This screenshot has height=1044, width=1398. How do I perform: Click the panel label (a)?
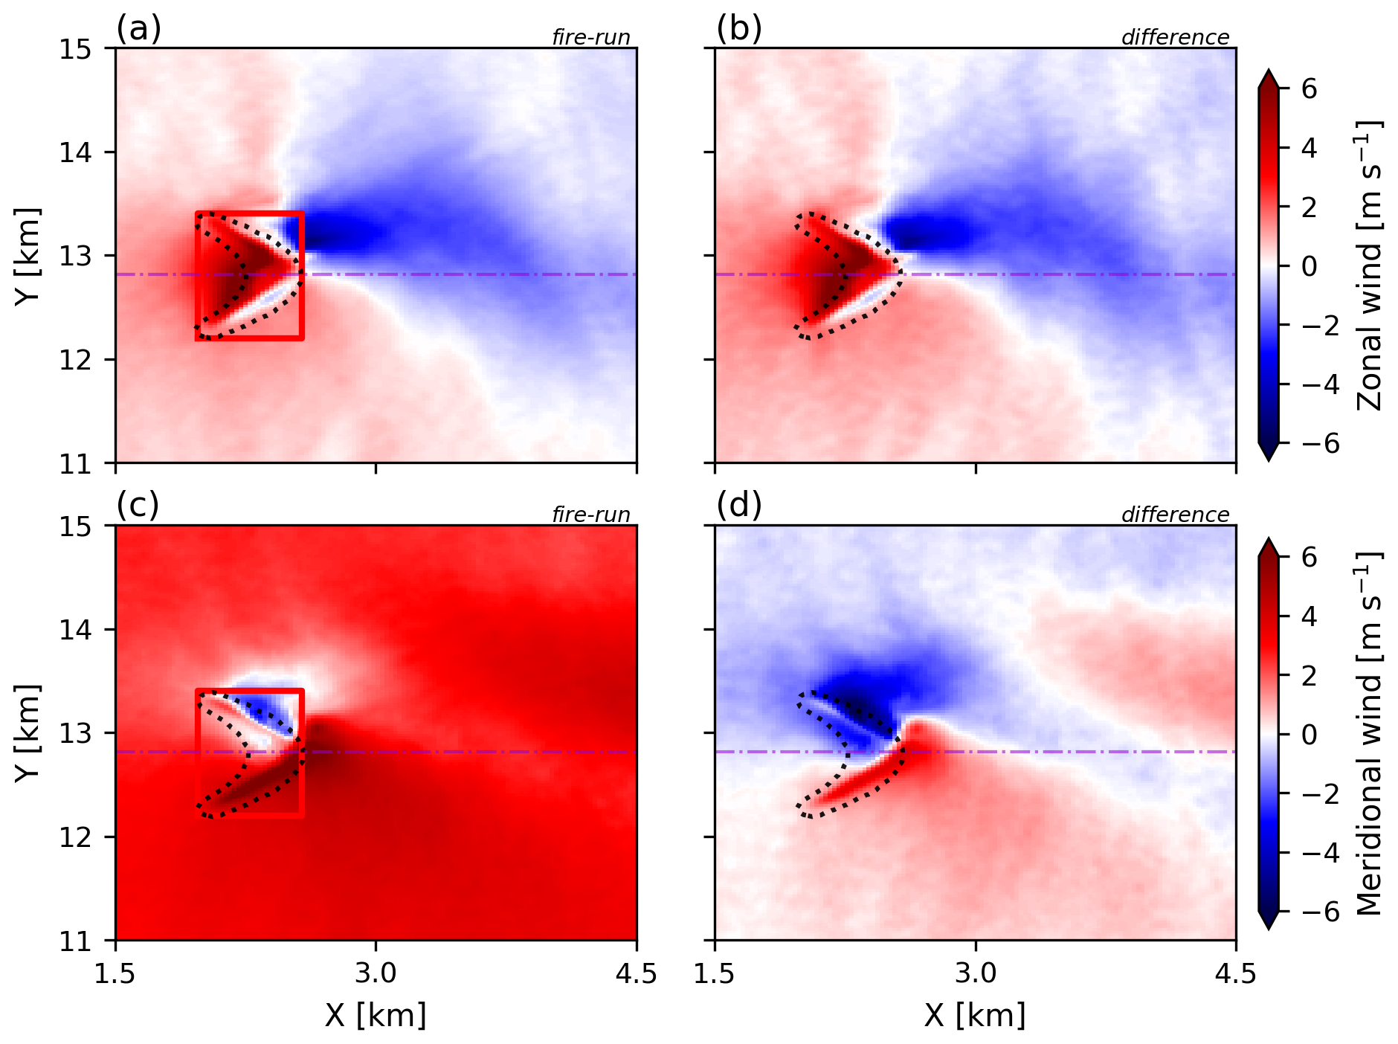tap(139, 29)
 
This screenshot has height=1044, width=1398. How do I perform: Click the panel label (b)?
tap(739, 29)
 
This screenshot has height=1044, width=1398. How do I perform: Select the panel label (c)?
tap(138, 506)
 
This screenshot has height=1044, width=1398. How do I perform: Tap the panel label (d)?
tap(739, 506)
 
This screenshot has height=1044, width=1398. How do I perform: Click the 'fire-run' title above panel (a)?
tap(591, 37)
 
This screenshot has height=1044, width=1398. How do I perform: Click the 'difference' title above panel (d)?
tap(1176, 515)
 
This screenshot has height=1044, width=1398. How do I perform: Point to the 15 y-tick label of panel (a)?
tap(76, 49)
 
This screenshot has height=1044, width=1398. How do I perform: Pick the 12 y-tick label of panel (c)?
tap(76, 837)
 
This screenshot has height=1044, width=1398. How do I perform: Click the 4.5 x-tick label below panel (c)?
tap(637, 973)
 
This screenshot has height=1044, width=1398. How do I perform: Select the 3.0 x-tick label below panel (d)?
tap(976, 973)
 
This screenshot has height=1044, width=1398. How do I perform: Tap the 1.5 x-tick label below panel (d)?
tap(715, 973)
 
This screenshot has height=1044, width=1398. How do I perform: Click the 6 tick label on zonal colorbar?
tap(1310, 89)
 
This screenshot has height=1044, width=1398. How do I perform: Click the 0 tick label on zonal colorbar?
tap(1310, 266)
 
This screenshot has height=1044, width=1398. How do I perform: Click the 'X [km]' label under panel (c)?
tap(376, 1015)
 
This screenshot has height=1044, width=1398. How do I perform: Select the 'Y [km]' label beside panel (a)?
tap(28, 256)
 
